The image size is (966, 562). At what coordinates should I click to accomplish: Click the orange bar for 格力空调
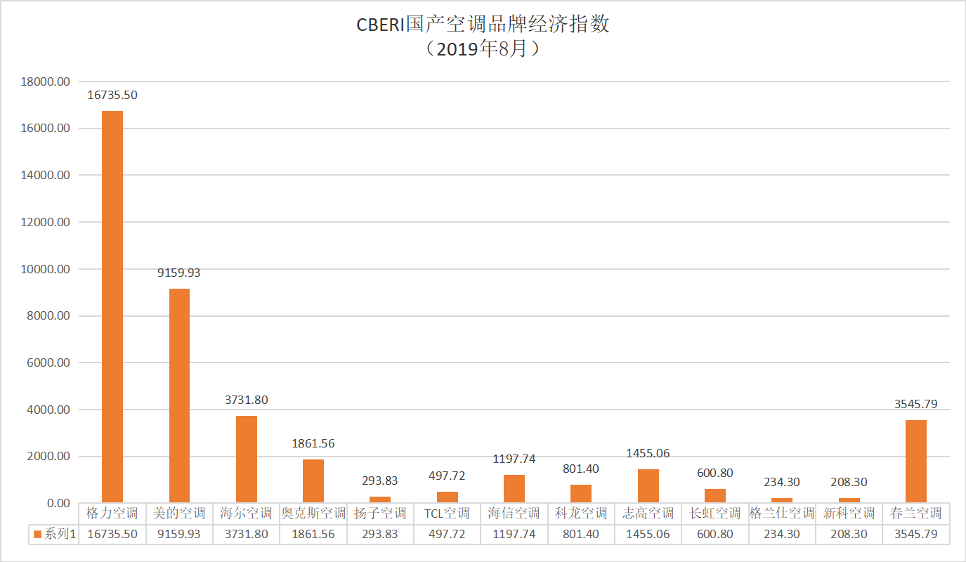coord(112,306)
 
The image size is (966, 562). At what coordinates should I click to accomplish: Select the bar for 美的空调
coord(179,396)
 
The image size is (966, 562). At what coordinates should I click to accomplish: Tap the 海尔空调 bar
coord(247,459)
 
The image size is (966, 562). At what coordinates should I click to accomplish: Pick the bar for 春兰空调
coord(916,462)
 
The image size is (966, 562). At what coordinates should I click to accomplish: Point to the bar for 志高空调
coord(648,486)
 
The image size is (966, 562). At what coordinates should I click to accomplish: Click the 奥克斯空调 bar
coord(313,481)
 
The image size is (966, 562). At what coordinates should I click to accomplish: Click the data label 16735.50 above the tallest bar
coord(112,95)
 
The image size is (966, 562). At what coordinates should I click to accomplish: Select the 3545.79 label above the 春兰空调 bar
coord(916,404)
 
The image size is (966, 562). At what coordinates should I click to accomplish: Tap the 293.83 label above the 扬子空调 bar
coord(380,481)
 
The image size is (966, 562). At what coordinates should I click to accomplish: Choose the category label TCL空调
coord(447,513)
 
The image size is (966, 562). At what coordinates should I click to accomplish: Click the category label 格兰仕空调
coord(782,513)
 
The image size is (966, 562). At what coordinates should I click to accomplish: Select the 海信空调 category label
coord(514,513)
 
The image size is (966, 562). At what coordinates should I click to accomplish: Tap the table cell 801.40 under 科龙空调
coord(581,534)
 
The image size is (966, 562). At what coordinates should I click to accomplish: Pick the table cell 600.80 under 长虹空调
coord(715,534)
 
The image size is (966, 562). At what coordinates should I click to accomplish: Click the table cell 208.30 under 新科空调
coord(849,534)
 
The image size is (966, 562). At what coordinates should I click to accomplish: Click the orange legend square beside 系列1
coord(38,534)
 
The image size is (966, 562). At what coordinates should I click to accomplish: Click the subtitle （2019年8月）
coord(482,49)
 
